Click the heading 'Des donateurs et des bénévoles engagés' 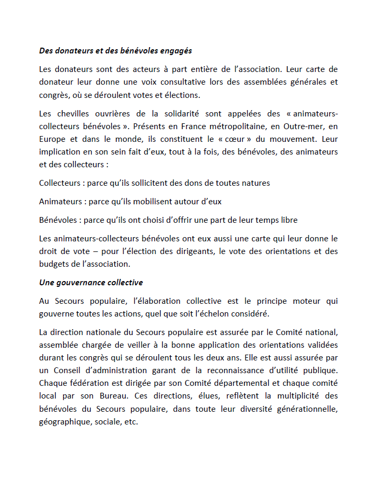pos(115,51)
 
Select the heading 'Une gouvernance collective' pos(91,283)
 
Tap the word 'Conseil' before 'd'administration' pos(69,370)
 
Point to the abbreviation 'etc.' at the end pos(130,422)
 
